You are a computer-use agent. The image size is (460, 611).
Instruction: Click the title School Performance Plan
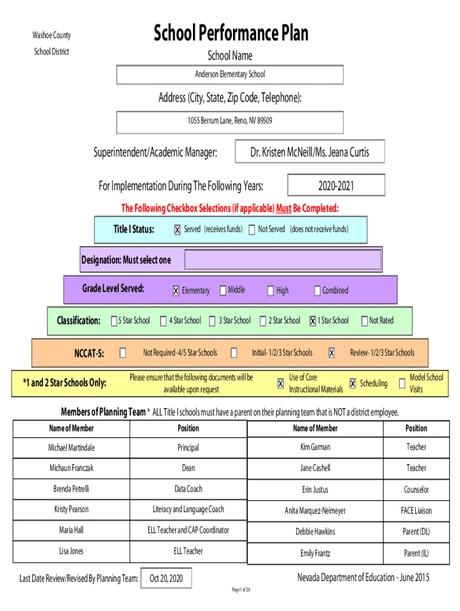(231, 33)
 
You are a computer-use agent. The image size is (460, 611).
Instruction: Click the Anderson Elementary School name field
(230, 75)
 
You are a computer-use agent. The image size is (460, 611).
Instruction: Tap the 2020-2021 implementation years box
(336, 186)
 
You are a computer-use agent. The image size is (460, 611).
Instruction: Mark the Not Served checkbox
(252, 230)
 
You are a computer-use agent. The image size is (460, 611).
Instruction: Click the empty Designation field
(283, 260)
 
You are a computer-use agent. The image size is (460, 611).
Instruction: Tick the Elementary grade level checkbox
(176, 291)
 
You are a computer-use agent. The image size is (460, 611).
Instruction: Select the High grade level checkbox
(270, 291)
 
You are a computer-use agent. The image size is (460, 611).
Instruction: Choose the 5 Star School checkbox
(114, 321)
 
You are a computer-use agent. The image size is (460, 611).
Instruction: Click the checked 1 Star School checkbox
(312, 321)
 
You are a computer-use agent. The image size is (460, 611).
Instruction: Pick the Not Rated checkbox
(364, 321)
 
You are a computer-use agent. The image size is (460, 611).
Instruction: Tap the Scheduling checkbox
(352, 384)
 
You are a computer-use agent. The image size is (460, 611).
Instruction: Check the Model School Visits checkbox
(401, 384)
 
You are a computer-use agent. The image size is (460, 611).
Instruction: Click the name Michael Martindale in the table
(72, 448)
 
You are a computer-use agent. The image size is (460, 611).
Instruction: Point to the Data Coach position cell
(188, 489)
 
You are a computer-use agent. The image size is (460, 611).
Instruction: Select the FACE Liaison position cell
(416, 511)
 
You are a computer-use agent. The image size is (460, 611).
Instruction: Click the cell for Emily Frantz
(315, 554)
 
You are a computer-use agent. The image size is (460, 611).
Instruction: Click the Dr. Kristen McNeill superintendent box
(309, 152)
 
